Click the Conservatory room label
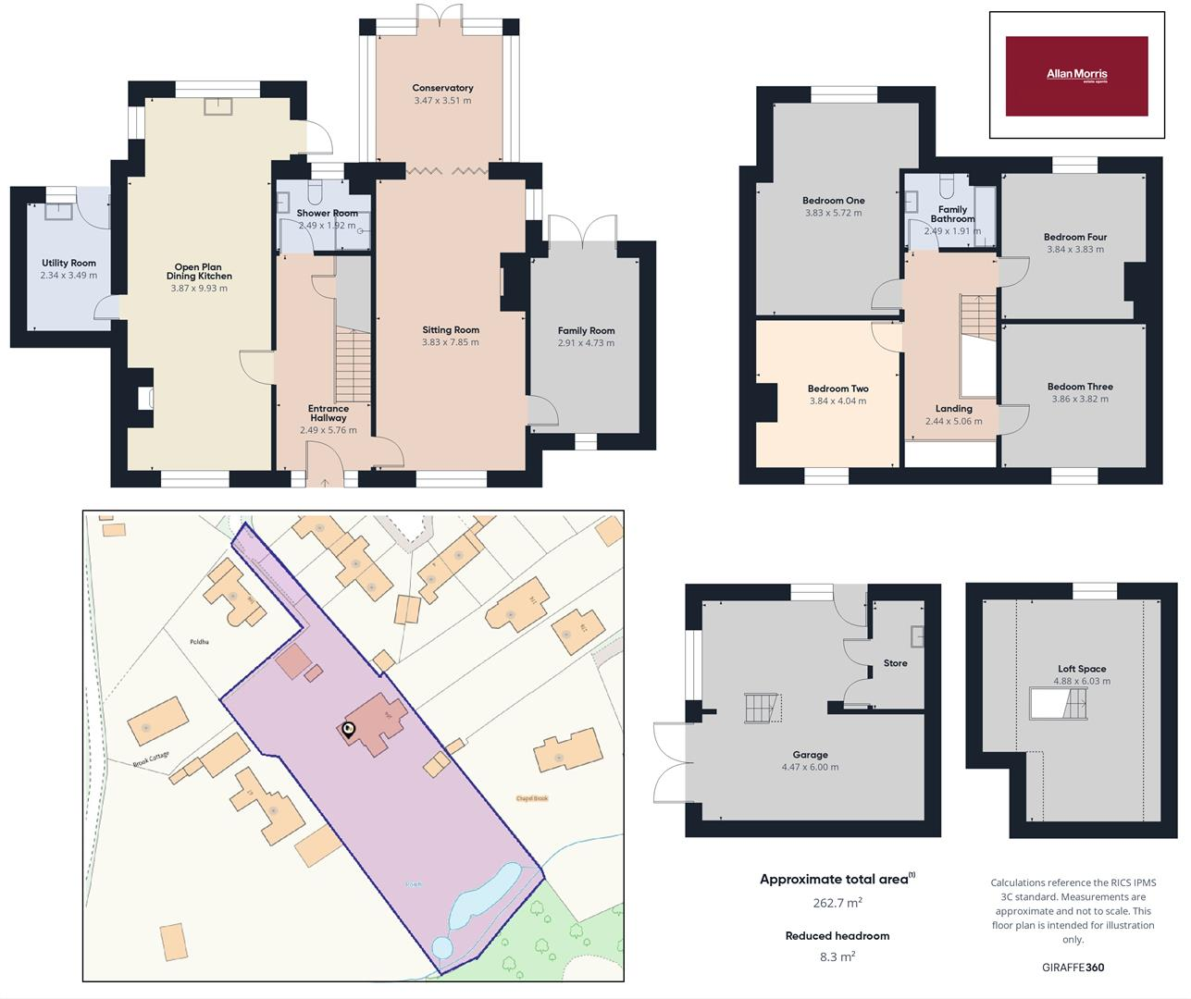click(x=442, y=88)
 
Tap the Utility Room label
click(x=68, y=263)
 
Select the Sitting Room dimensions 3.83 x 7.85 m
click(x=451, y=342)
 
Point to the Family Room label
click(x=586, y=330)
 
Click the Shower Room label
click(x=327, y=213)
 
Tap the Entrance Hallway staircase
click(x=353, y=366)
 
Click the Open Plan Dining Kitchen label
click(x=199, y=271)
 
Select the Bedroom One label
click(x=833, y=201)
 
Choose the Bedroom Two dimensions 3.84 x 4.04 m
click(x=837, y=401)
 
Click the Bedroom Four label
click(x=1075, y=237)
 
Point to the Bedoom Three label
click(x=1080, y=387)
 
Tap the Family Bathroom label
click(x=952, y=215)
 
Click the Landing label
click(x=953, y=408)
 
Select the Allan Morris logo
click(x=1076, y=76)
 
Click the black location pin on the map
click(x=349, y=730)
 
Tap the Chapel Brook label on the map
click(x=532, y=798)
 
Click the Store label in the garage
click(x=895, y=663)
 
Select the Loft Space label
click(x=1082, y=669)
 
